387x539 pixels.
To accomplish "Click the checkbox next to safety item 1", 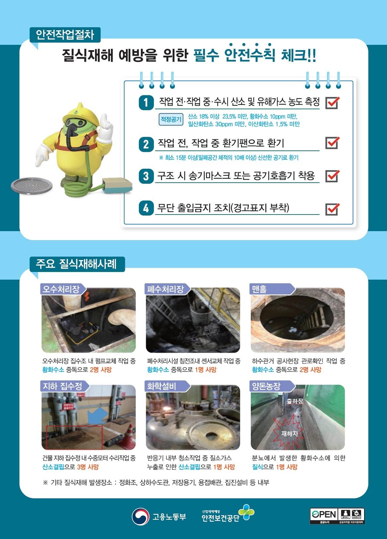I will click(332, 103).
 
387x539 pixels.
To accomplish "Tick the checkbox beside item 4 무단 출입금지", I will click(332, 209).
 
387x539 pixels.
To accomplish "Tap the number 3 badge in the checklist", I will click(146, 176).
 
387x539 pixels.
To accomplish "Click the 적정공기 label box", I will click(171, 120).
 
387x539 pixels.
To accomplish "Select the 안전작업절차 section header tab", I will click(65, 35).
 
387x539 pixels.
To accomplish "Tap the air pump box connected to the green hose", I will click(116, 186).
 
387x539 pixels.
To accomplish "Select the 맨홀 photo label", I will click(260, 289).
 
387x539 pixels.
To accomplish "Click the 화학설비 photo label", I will click(162, 386).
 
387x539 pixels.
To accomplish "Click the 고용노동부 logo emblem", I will click(140, 516).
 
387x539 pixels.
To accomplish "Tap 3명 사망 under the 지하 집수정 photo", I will click(88, 467).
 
